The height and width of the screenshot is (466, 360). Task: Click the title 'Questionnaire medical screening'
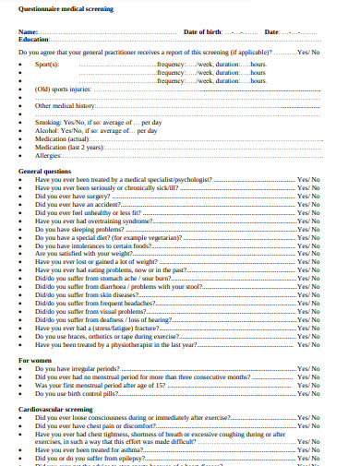point(67,9)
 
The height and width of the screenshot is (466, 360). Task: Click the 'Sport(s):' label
point(47,65)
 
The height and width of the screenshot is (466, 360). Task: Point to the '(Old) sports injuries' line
point(64,90)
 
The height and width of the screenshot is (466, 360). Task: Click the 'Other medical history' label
point(66,106)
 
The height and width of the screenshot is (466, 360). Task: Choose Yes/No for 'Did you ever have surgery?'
point(308,196)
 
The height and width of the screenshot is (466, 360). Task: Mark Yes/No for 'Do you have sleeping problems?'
point(308,229)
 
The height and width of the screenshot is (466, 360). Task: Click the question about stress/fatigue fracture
point(107,328)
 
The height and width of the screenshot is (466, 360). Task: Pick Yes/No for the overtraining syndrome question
point(308,221)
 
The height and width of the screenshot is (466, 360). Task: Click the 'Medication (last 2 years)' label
point(71,148)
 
